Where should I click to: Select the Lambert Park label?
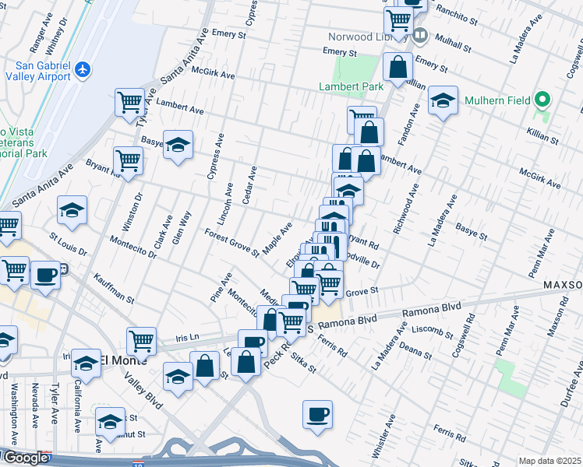(x=347, y=87)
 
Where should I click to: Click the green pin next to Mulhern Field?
(x=544, y=100)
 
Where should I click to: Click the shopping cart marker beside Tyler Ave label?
(x=129, y=102)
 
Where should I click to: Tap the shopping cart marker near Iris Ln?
(x=142, y=339)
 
